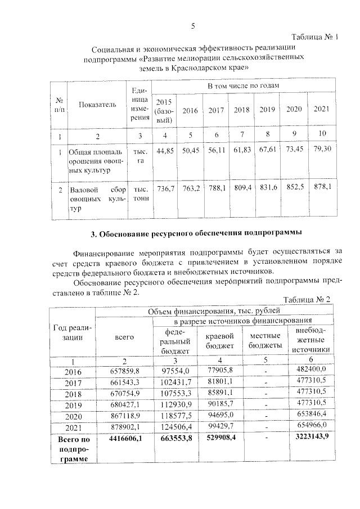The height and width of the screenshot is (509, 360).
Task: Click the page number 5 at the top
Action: tap(193, 26)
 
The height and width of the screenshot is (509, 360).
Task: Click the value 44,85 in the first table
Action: tap(165, 151)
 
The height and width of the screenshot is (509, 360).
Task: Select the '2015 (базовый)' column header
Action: tap(164, 111)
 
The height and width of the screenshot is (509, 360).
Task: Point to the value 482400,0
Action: tap(309, 369)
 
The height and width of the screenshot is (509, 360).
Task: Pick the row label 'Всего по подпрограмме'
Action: tap(73, 448)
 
